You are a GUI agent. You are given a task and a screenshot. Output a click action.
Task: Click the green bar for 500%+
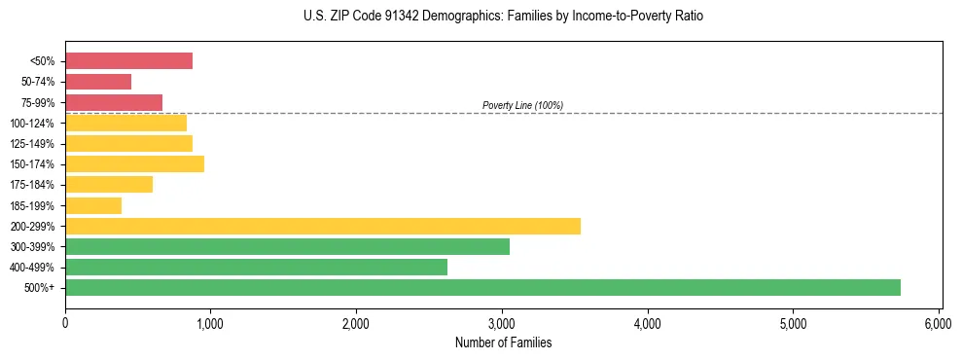pos(482,287)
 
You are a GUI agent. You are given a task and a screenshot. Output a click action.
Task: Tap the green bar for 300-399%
pos(287,246)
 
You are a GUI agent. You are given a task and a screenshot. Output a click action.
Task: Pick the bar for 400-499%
pos(256,267)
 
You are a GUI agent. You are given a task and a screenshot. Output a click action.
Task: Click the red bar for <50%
pos(128,61)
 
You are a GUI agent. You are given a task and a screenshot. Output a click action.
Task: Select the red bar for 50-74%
pos(98,82)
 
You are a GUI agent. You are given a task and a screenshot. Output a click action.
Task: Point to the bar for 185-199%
pos(93,205)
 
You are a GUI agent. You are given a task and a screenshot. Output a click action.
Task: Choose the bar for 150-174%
pos(134,163)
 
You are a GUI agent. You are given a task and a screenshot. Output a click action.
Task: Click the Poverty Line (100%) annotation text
pos(522,105)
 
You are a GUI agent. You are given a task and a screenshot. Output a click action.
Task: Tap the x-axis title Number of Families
pos(503,343)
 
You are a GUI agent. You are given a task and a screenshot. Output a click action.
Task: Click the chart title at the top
pos(503,17)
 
